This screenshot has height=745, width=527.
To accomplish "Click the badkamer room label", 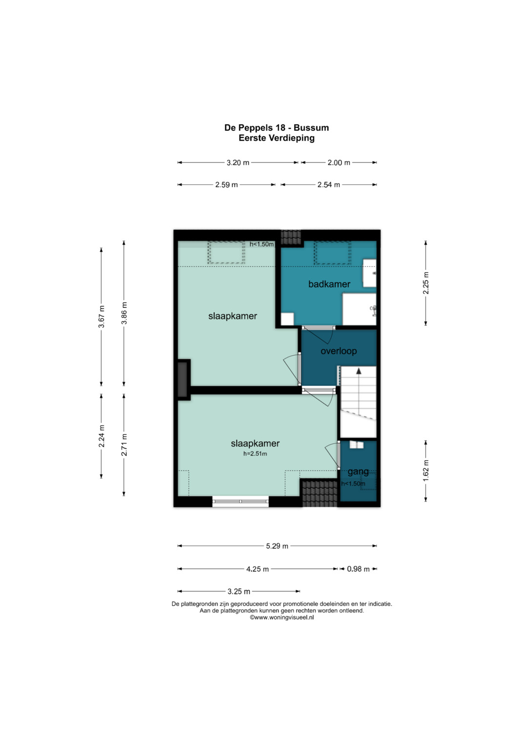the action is tap(329, 284).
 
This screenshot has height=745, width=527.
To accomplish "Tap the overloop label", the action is tap(338, 351).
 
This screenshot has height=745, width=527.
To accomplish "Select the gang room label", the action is tap(358, 472).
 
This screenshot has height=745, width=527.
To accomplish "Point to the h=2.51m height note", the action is tap(255, 454).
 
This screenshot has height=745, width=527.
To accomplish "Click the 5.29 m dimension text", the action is tap(277, 546).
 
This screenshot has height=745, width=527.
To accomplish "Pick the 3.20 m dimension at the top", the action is tap(238, 162).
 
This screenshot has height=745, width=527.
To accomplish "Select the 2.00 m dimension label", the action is tap(339, 162).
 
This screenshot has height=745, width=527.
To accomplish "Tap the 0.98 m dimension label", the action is tap(358, 569).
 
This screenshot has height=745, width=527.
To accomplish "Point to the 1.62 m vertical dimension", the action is tap(426, 471).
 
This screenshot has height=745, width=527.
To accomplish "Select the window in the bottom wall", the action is tap(240, 501).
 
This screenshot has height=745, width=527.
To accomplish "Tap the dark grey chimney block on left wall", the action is tap(182, 380).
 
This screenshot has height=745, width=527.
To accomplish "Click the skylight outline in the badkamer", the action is tap(332, 253).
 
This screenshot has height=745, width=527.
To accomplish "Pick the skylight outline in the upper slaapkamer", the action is tap(226, 253).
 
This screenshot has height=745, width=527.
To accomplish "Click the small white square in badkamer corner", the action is tap(287, 319).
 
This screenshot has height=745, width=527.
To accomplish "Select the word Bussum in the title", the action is tap(311, 128).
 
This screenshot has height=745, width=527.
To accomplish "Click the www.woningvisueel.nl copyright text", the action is tap(282, 617).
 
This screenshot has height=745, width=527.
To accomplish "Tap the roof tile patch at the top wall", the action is tap(291, 238).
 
